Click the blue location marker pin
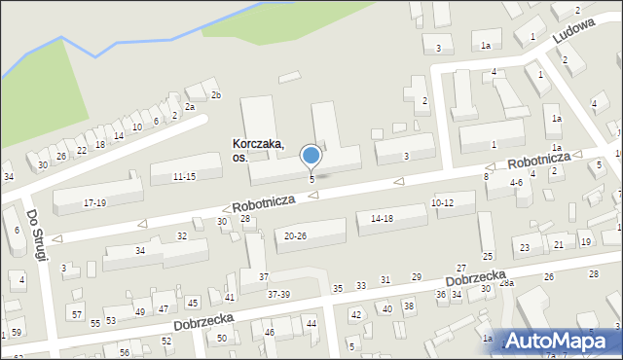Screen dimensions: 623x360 tap(311, 156)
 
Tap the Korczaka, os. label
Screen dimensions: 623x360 tap(258, 150)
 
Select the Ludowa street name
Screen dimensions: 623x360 tap(572, 34)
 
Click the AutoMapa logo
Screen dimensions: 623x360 tap(562, 341)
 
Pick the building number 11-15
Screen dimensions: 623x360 tap(184, 176)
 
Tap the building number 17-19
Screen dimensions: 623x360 tap(94, 202)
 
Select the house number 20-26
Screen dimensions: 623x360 tap(295, 235)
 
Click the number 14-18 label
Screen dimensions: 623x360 tap(381, 219)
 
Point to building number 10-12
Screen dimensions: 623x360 tap(442, 202)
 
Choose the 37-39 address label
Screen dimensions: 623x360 tap(278, 294)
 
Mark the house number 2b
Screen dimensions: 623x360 tap(216, 94)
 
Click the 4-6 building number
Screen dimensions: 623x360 tap(517, 182)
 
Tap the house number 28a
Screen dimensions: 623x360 tap(505, 282)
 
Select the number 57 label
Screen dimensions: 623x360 tap(77, 314)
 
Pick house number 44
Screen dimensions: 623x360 tap(311, 323)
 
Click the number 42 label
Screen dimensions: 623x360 tap(355, 314)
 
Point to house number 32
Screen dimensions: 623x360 tap(181, 236)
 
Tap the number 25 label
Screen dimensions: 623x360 tap(487, 256)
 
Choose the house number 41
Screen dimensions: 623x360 tap(230, 297)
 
